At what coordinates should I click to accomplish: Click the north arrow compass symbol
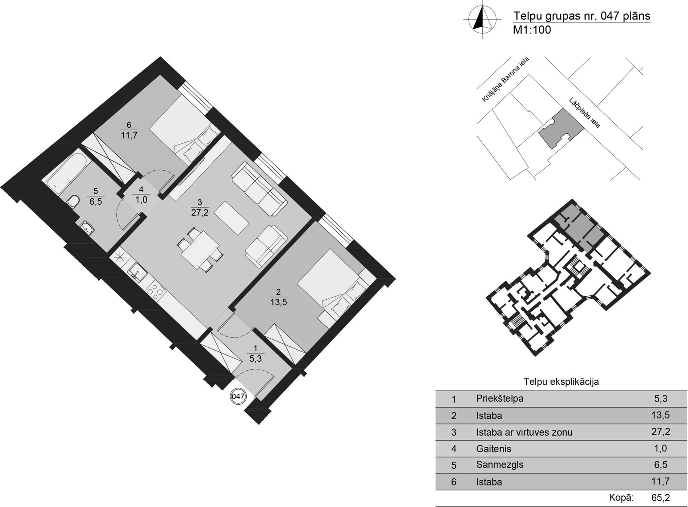coord(482,19)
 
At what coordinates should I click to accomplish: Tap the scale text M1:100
coord(532,30)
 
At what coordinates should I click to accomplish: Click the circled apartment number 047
coord(238,396)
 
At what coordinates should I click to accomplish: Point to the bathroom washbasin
coord(88,228)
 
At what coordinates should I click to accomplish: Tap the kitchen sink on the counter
coord(138,272)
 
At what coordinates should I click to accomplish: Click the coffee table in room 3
coord(232,218)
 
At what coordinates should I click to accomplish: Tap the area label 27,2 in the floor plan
coord(200,212)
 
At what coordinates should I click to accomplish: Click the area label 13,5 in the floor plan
coord(279,302)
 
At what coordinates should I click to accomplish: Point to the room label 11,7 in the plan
coord(129,135)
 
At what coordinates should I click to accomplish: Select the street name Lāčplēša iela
coord(584,113)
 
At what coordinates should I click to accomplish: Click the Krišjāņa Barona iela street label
coord(505,80)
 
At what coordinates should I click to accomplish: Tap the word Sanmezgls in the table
coord(500,464)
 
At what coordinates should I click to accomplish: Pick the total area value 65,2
coord(660,497)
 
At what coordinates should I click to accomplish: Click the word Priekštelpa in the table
coord(500,399)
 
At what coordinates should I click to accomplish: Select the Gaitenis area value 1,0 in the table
coord(660,449)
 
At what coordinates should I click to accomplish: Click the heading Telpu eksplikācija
coord(561,382)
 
